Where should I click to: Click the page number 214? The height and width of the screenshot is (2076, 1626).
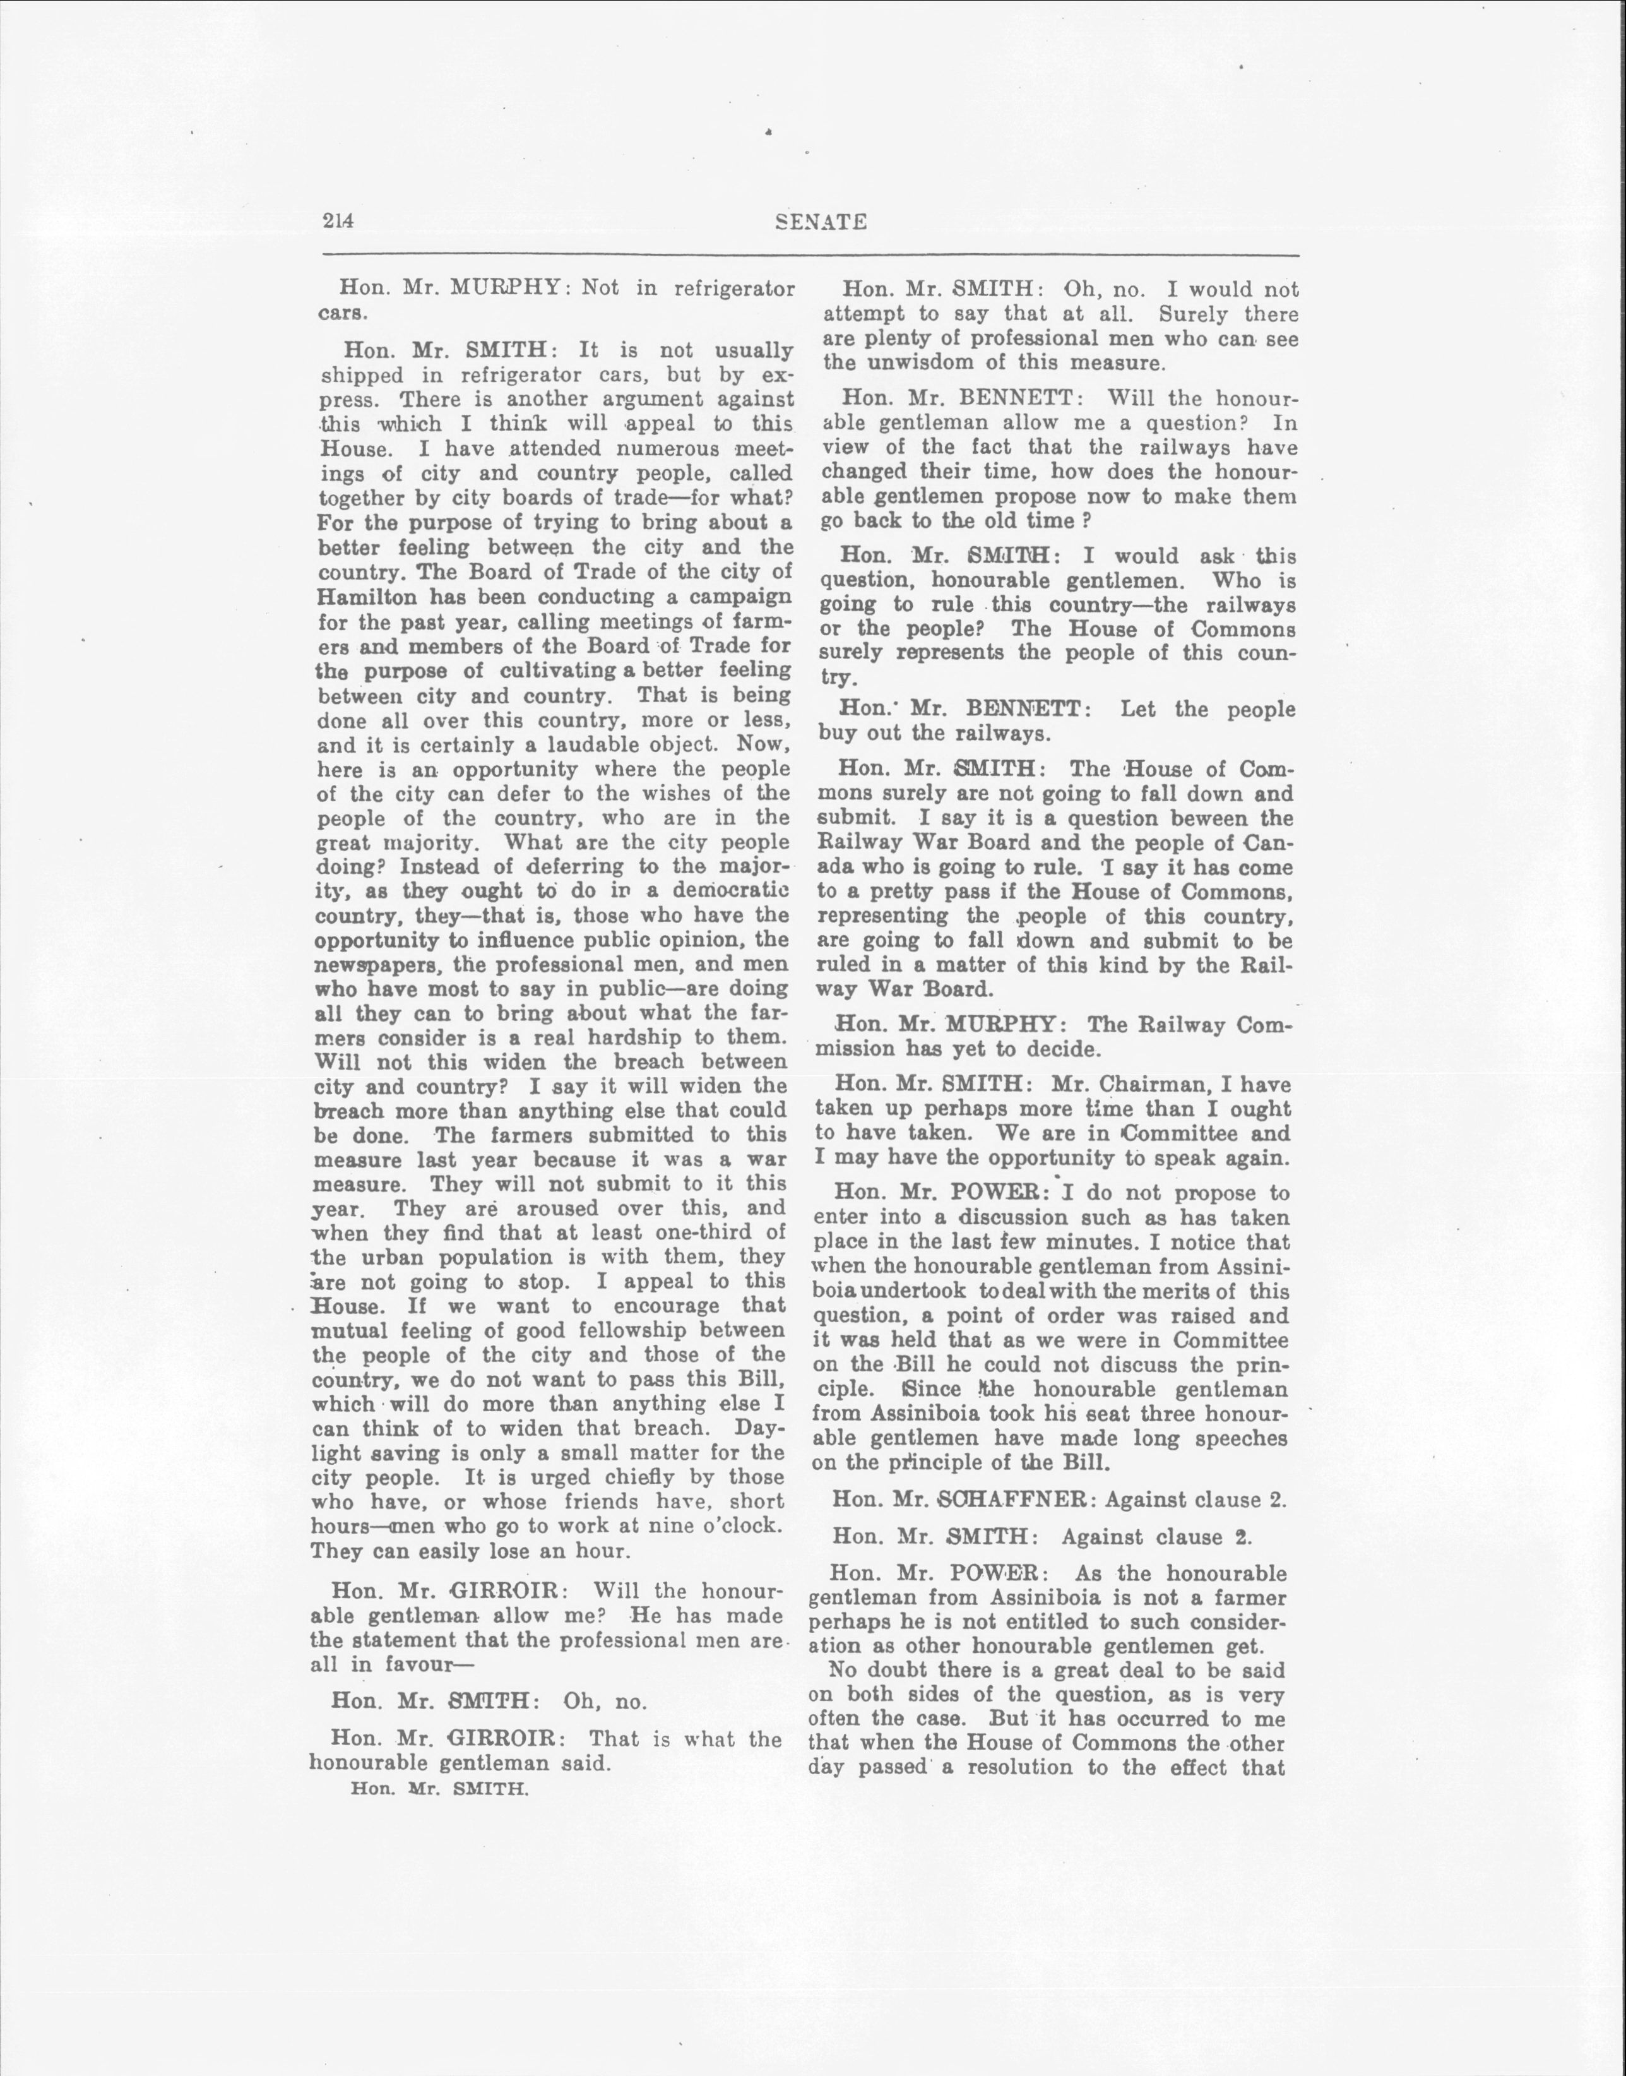338,221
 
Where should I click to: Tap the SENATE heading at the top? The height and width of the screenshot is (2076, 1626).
820,222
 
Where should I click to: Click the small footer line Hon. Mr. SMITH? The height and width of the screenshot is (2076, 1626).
439,1789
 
